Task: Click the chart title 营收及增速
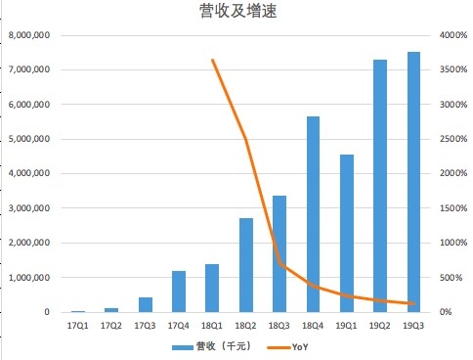click(236, 12)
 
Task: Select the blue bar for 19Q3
click(413, 182)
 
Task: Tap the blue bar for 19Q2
click(380, 186)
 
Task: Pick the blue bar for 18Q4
click(313, 214)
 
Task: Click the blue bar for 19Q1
click(347, 233)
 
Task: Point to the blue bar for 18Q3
click(279, 253)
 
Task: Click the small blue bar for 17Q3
click(145, 304)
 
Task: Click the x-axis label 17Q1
click(77, 324)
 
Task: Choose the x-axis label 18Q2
click(246, 324)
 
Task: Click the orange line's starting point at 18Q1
click(212, 61)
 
